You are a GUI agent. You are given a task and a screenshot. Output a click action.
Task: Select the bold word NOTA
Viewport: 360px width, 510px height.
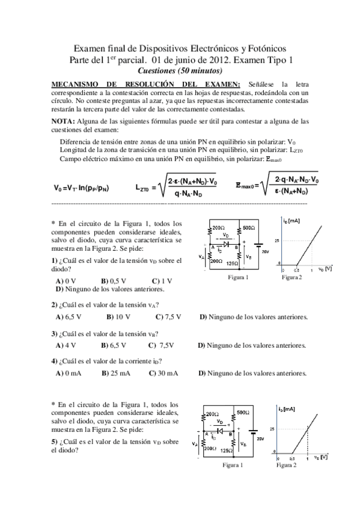(x=66, y=121)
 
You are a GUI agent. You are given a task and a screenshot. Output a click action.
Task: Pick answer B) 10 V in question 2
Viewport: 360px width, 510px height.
(x=118, y=316)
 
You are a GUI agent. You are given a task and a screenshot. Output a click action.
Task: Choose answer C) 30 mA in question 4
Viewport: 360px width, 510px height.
(x=163, y=373)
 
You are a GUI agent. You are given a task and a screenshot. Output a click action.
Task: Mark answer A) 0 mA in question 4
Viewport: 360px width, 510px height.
(x=68, y=373)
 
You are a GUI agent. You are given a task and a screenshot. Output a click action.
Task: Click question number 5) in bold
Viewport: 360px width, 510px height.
(x=54, y=441)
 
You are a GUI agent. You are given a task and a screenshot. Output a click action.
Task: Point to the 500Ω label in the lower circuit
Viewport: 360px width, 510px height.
(x=243, y=413)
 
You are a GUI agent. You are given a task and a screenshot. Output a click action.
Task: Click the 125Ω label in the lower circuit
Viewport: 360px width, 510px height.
(x=227, y=449)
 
